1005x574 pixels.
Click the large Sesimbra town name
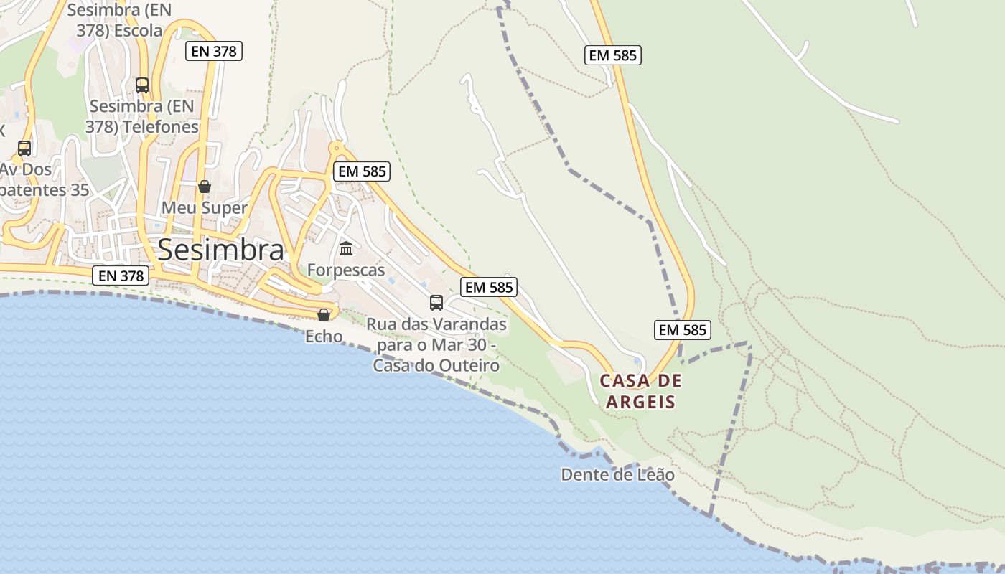click(220, 250)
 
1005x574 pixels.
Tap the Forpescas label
click(346, 270)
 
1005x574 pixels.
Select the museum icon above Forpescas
click(346, 249)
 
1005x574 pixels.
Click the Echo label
click(324, 336)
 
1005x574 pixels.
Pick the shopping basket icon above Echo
click(324, 315)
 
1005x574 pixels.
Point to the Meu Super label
click(204, 208)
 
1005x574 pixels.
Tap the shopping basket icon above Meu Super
click(205, 187)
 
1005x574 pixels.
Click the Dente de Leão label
click(617, 474)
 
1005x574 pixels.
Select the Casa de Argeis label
click(641, 391)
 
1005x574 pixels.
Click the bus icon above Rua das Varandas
click(436, 303)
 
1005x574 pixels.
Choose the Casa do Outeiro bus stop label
click(436, 345)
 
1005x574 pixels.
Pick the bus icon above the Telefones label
click(142, 85)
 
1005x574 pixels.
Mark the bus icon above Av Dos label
click(24, 149)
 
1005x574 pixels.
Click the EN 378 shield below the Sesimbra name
click(121, 276)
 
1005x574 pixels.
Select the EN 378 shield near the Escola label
click(213, 51)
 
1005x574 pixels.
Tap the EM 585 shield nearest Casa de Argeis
click(683, 330)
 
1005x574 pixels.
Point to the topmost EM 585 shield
click(612, 55)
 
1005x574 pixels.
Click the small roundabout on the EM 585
click(335, 149)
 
